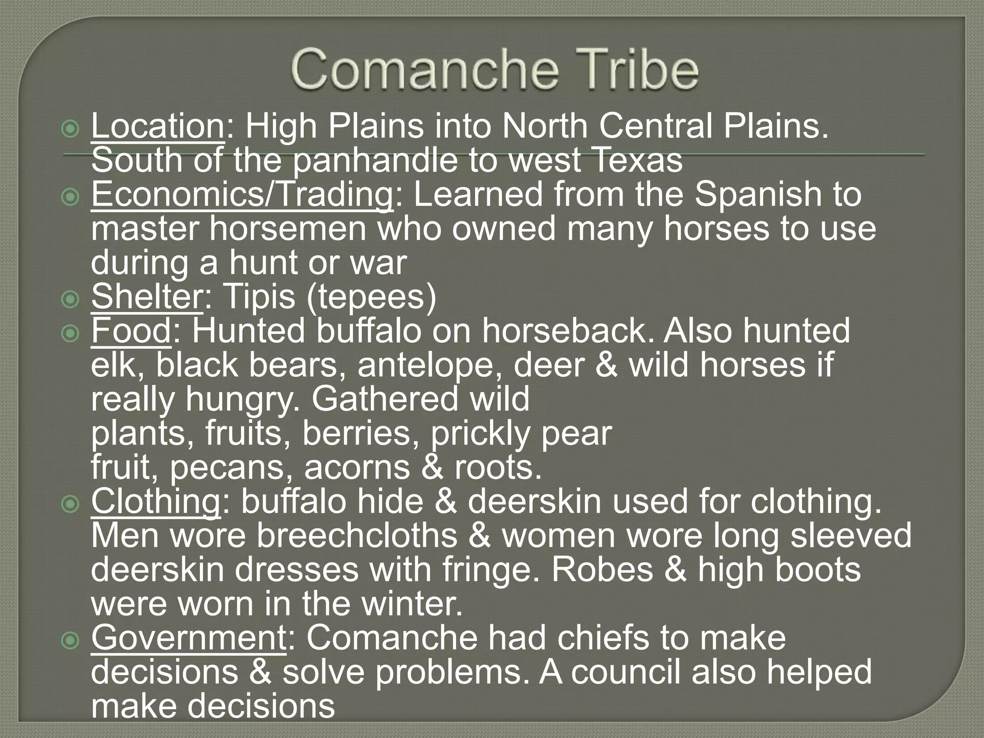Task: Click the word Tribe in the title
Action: coord(635,72)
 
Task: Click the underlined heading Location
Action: coord(158,126)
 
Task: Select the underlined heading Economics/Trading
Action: coord(242,194)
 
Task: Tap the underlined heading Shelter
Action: coord(147,296)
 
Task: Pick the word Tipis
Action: coord(260,296)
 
